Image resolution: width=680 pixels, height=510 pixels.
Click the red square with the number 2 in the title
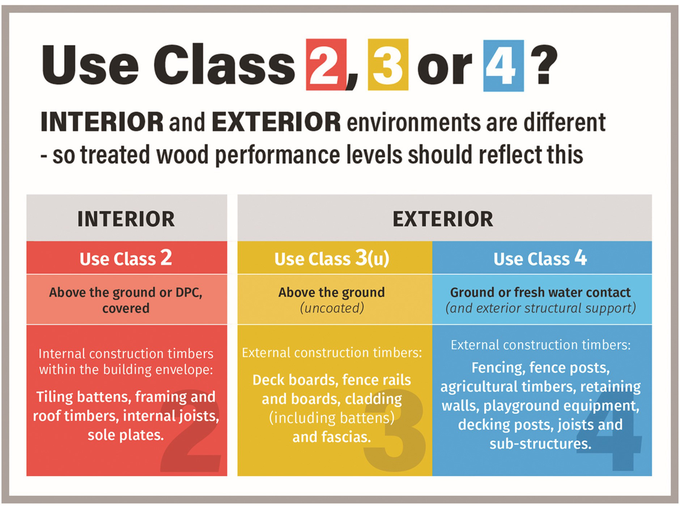(x=326, y=65)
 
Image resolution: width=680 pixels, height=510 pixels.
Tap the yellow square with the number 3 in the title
(x=388, y=65)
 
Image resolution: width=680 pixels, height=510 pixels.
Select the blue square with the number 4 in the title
(x=503, y=65)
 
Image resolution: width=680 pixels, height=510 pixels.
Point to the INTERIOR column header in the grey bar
(x=126, y=219)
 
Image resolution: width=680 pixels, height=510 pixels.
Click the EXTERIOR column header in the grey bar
(x=443, y=219)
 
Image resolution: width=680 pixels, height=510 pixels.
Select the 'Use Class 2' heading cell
(x=126, y=258)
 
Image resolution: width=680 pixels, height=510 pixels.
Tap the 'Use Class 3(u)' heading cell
(x=332, y=258)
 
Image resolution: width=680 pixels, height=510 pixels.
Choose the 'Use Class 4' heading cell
(x=540, y=258)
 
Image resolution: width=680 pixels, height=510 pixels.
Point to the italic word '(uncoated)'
(x=332, y=308)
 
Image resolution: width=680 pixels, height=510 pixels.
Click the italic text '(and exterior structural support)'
(x=540, y=308)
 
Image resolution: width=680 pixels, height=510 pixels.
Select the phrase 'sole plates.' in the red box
(x=126, y=435)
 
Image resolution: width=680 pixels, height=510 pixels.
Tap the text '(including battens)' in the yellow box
(x=332, y=418)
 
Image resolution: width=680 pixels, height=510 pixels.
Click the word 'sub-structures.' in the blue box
(x=540, y=443)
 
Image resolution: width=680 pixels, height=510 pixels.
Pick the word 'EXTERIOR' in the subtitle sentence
(x=276, y=122)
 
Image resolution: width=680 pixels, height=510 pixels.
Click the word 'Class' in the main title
(x=224, y=65)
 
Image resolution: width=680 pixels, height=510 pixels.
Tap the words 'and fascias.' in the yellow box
(x=332, y=437)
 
